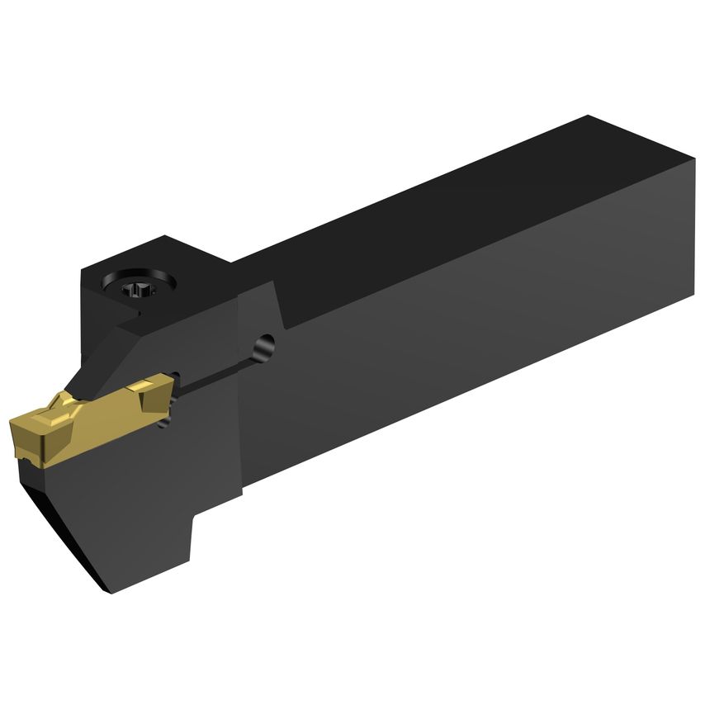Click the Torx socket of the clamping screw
tap(134, 289)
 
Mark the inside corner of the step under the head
tap(196, 515)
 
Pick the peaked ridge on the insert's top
tap(62, 402)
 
